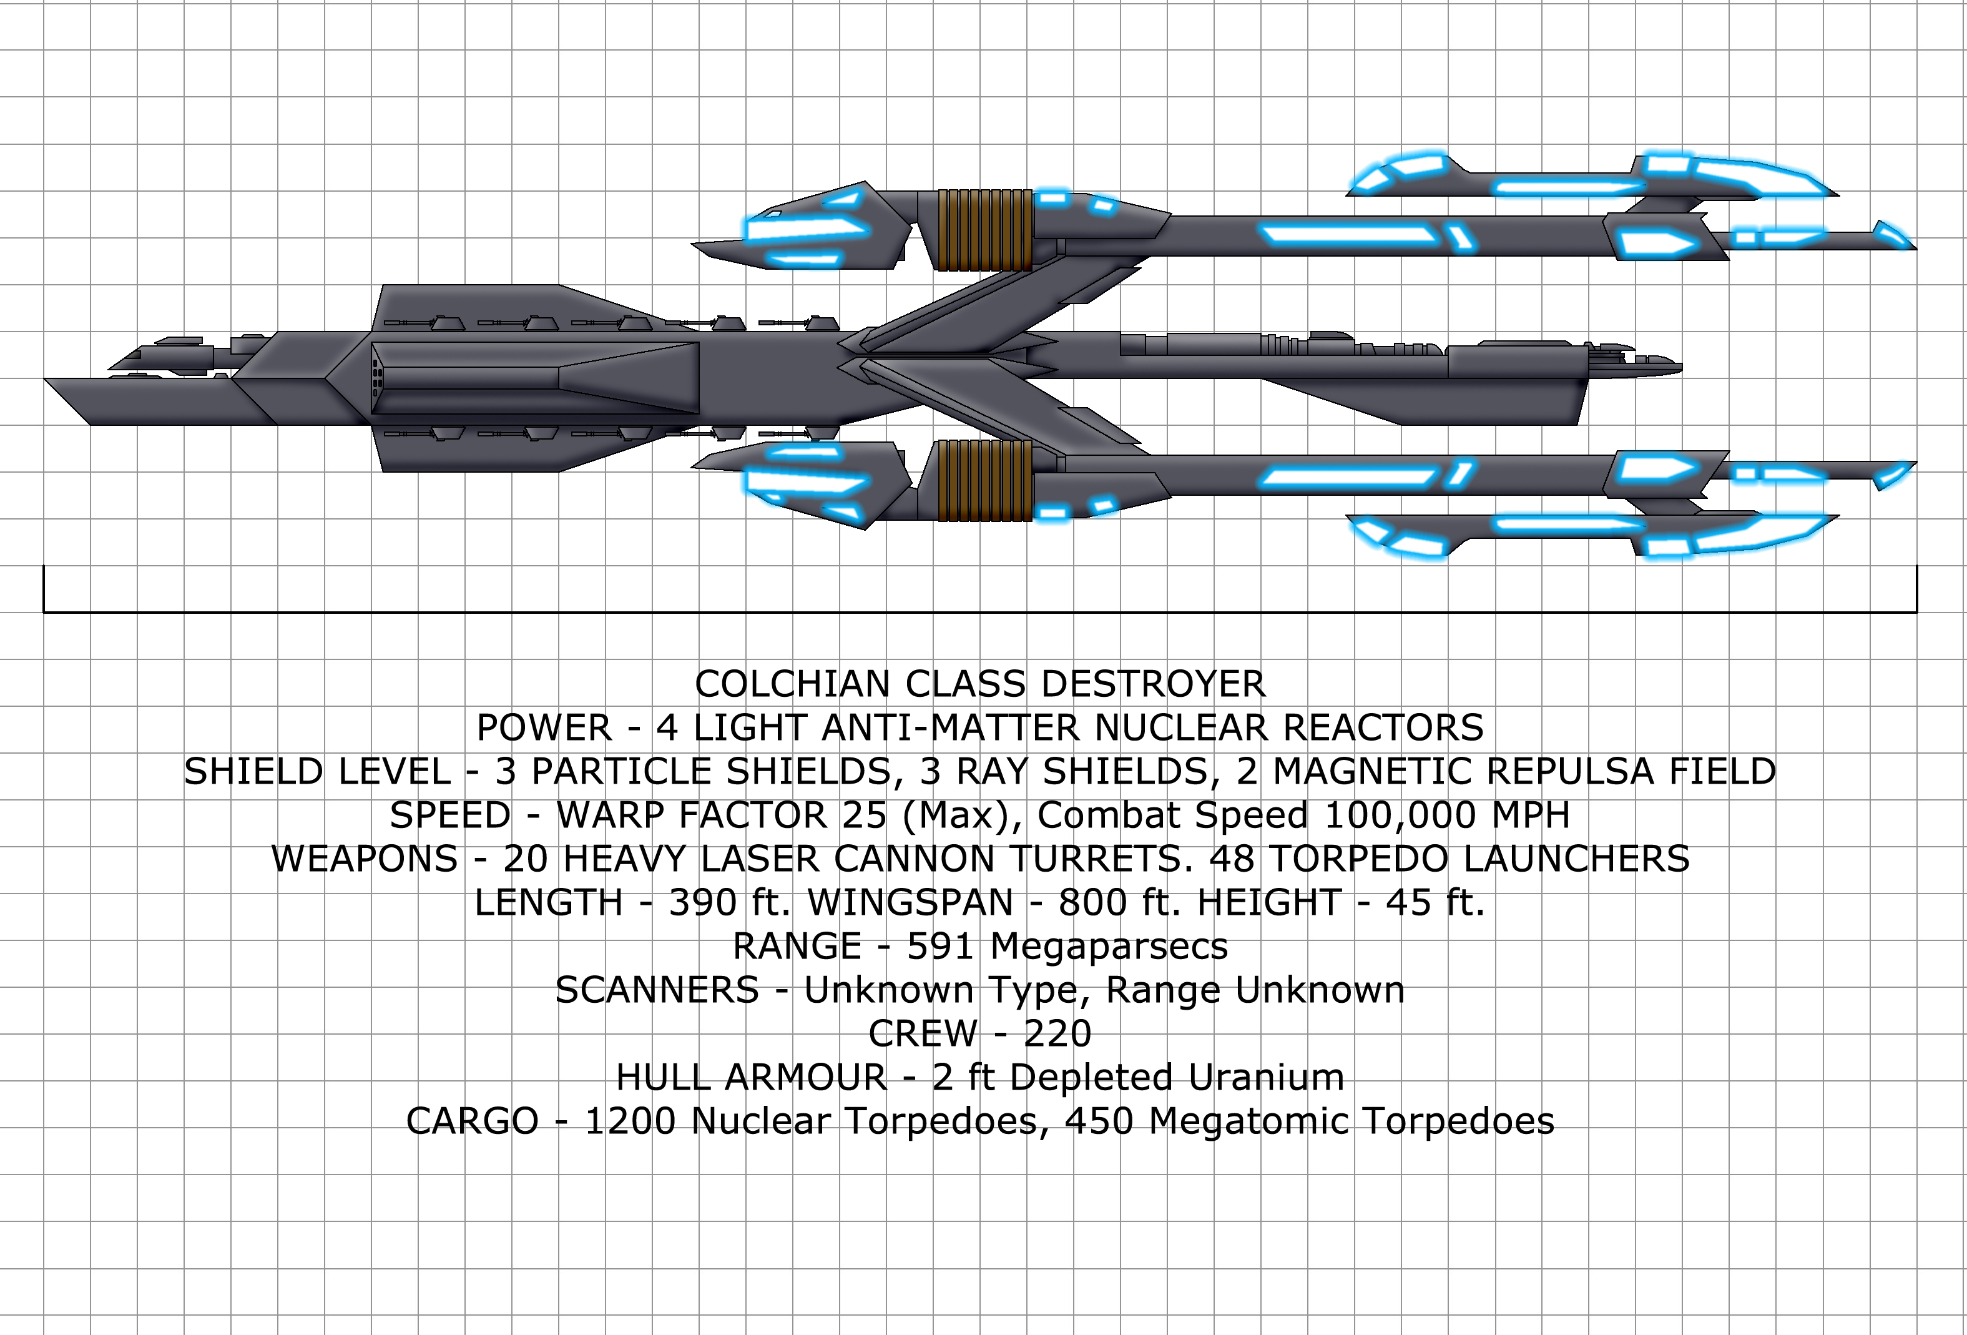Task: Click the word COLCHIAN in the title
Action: (792, 684)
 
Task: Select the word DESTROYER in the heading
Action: (1153, 684)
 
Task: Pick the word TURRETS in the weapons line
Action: (1096, 859)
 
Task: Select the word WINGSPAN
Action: (911, 904)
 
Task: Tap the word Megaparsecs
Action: (1109, 947)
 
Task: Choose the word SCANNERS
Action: (657, 990)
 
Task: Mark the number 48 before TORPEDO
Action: (1232, 859)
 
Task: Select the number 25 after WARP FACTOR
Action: (864, 815)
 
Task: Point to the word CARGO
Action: (473, 1121)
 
